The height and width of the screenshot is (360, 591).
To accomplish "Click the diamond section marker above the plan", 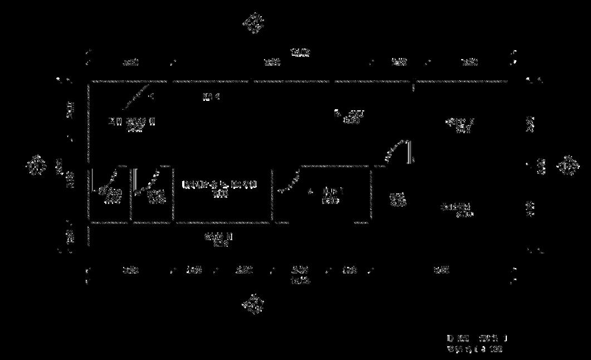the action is (x=253, y=23).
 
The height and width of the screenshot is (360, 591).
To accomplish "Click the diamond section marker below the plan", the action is (x=253, y=304).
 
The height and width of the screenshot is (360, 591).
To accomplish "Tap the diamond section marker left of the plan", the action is (x=36, y=166).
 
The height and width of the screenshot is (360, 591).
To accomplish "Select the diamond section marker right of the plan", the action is (x=568, y=166).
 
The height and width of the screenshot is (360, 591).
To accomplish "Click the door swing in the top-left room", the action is (x=137, y=95).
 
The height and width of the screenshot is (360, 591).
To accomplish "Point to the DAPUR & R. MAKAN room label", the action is (x=219, y=184).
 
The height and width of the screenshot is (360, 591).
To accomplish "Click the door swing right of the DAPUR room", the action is (x=290, y=181).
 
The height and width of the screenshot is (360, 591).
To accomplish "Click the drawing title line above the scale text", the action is (x=477, y=338).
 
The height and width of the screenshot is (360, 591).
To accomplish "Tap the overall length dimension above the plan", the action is (x=300, y=52).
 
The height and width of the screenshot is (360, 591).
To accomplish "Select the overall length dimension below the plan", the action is (x=300, y=281).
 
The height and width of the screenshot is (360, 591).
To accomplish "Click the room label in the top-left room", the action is (x=132, y=121).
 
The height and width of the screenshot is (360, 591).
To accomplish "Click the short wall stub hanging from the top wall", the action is (x=413, y=87).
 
